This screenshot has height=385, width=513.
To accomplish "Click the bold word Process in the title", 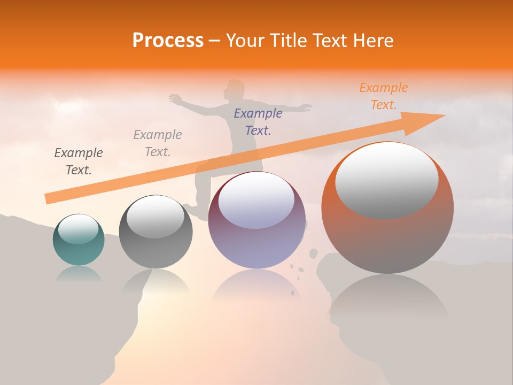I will coord(168,41).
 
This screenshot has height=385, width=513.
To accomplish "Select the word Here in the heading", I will coord(374,41).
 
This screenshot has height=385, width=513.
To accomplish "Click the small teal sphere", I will coord(79,240).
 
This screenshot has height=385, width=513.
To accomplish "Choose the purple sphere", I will coord(256,220).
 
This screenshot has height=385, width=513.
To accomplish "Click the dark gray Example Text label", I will coord(79,161).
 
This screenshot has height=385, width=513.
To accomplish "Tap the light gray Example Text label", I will coord(158,143).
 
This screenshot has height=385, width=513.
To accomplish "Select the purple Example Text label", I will coord(258,121).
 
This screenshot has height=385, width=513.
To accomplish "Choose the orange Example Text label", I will coord(384,96).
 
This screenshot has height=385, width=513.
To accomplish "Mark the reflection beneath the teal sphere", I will coord(79,274).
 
